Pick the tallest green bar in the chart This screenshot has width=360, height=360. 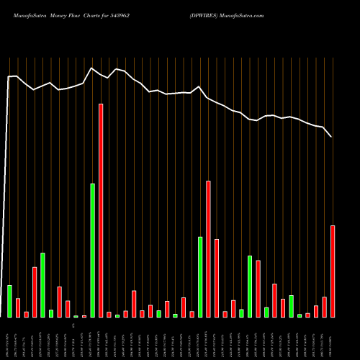point(93,250)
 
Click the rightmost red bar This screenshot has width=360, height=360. point(333,271)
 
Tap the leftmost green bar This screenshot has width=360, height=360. point(10,301)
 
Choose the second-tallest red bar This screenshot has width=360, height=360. point(208,248)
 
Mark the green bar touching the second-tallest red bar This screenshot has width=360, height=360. point(200,276)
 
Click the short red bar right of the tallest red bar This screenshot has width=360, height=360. point(109,314)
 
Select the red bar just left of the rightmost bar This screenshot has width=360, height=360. point(324,307)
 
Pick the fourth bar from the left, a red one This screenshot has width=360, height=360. point(35,292)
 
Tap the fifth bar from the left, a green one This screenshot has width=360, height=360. point(43,284)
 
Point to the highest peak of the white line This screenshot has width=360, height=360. point(92,68)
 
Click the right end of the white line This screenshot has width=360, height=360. point(331,136)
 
